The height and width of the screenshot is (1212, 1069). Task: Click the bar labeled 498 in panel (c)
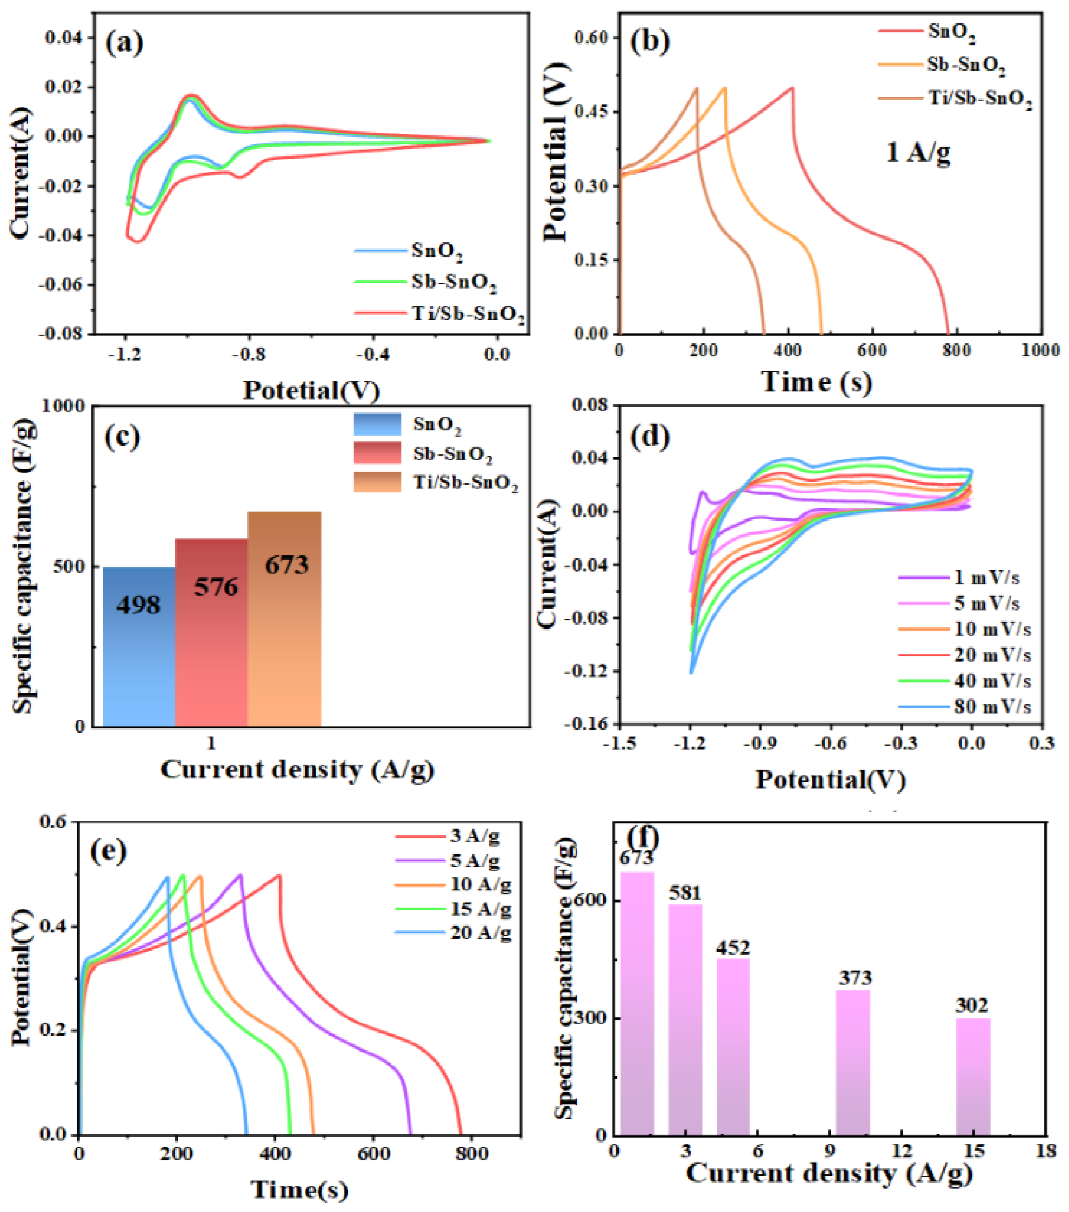coord(139,646)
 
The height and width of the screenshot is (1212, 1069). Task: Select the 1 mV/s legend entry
coord(960,577)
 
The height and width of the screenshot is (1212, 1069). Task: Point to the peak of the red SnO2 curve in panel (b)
coord(792,88)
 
